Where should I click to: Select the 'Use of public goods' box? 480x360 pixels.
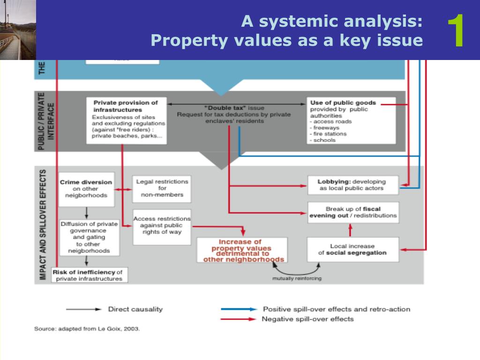click(x=352, y=120)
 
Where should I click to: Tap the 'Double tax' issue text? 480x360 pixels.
click(x=233, y=114)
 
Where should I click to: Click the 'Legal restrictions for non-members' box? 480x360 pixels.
click(x=162, y=188)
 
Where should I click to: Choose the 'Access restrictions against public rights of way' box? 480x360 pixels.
click(x=162, y=226)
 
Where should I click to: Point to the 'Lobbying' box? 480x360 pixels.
click(x=352, y=185)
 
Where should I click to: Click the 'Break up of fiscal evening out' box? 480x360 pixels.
click(x=353, y=212)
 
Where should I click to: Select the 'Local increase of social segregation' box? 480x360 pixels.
click(x=352, y=249)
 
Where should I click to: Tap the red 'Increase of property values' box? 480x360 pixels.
click(x=241, y=250)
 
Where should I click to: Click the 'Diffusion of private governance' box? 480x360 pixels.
click(x=89, y=237)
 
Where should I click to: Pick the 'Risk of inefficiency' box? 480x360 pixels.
click(x=89, y=275)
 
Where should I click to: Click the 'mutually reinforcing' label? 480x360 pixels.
click(x=297, y=278)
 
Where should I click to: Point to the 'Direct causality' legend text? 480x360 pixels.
click(x=135, y=309)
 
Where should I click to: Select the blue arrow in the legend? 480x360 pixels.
click(x=239, y=309)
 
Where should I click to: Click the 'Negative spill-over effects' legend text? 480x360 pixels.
click(x=307, y=319)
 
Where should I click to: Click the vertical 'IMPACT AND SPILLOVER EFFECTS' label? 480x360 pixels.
click(x=43, y=225)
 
